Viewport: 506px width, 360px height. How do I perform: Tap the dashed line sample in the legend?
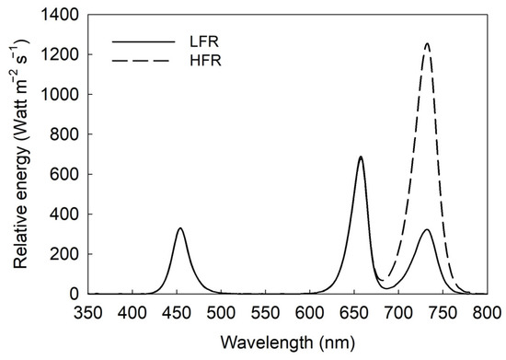click(x=144, y=64)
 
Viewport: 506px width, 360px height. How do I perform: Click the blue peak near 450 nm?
click(x=180, y=228)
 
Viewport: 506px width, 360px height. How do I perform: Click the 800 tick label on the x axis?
click(x=488, y=311)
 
